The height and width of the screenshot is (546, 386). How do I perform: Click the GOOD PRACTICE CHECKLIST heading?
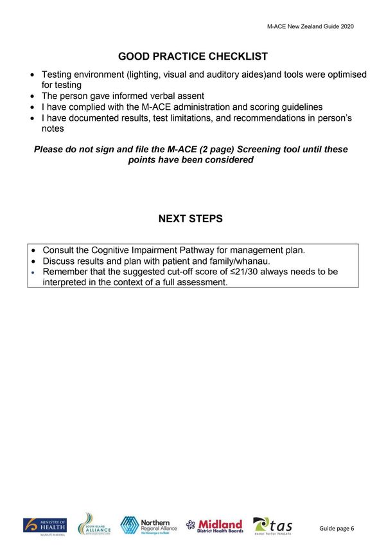click(193, 57)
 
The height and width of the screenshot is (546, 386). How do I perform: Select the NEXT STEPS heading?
click(190, 219)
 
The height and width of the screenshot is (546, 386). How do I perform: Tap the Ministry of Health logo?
click(45, 525)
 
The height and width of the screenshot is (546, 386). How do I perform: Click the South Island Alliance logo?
click(94, 524)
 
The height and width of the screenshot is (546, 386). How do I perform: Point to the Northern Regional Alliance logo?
click(149, 525)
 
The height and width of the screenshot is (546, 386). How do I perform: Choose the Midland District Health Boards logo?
click(215, 525)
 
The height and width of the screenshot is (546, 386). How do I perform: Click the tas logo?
click(273, 525)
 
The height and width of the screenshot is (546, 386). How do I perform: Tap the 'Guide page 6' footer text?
click(337, 528)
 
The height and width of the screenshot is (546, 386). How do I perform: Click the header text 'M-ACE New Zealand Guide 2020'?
click(310, 27)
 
